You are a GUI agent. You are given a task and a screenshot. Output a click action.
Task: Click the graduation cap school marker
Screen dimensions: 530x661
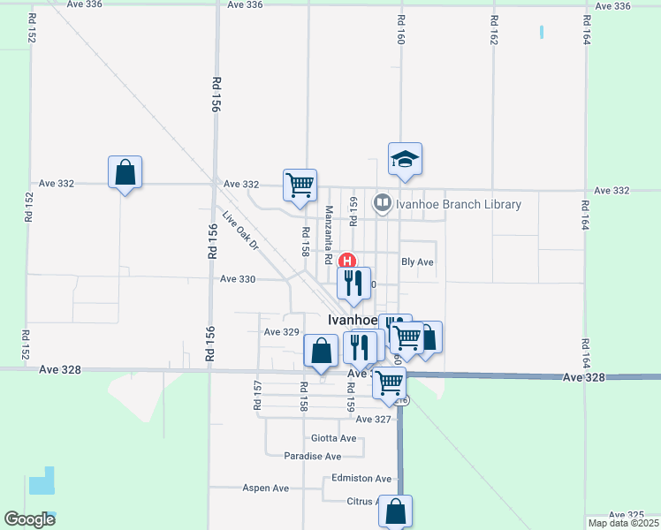click(x=405, y=160)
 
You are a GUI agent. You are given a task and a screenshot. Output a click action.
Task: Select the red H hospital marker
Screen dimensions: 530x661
click(x=348, y=261)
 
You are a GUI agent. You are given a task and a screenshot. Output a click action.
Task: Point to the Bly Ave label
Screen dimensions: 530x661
click(x=417, y=262)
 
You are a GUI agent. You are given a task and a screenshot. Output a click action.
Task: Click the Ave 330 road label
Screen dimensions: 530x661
click(x=238, y=279)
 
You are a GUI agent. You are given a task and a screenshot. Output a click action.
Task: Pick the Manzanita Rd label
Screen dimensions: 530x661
click(x=328, y=228)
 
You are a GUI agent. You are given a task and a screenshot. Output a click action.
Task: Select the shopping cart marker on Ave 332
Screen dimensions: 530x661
click(x=300, y=185)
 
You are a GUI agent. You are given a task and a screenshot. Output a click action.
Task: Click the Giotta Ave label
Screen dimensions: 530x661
click(x=334, y=438)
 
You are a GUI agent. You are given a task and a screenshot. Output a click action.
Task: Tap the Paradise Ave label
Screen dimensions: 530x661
click(x=312, y=457)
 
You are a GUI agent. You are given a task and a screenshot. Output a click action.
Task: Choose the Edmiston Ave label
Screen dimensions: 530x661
click(x=361, y=479)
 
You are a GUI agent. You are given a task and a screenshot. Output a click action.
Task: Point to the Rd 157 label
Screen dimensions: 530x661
click(x=257, y=396)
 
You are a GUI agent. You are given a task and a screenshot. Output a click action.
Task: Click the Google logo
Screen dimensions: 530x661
click(x=30, y=519)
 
